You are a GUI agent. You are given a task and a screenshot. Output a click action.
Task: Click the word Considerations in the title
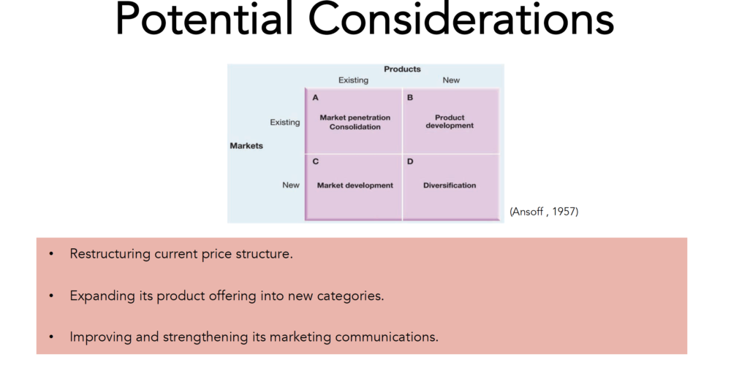[x=461, y=19]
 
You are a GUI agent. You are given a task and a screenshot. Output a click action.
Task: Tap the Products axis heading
[x=402, y=69]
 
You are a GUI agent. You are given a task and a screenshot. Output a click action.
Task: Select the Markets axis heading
[x=246, y=146]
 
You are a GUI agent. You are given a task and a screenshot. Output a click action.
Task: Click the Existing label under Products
[x=353, y=80]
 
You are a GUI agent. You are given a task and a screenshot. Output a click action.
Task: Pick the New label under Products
[x=451, y=80]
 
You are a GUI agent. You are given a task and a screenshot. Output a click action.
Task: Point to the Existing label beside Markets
[x=285, y=123]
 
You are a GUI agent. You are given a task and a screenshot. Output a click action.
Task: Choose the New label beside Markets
[x=291, y=185]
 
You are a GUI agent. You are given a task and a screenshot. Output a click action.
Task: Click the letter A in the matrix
[x=316, y=98]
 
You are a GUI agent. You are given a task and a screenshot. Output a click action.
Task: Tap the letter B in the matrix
[x=410, y=98]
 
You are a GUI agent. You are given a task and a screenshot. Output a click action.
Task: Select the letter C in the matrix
[x=316, y=161]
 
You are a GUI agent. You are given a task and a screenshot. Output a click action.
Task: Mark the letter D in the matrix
[x=410, y=161]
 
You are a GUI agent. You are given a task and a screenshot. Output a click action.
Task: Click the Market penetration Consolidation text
[x=355, y=122]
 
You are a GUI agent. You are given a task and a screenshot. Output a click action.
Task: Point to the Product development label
[x=450, y=121]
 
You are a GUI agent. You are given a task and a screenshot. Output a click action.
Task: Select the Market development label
[x=355, y=185]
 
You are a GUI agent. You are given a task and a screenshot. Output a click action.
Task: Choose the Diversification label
[x=450, y=185]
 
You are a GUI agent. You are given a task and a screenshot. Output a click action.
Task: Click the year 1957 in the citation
[x=564, y=212]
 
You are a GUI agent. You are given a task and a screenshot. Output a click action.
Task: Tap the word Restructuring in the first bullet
[x=110, y=254]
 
